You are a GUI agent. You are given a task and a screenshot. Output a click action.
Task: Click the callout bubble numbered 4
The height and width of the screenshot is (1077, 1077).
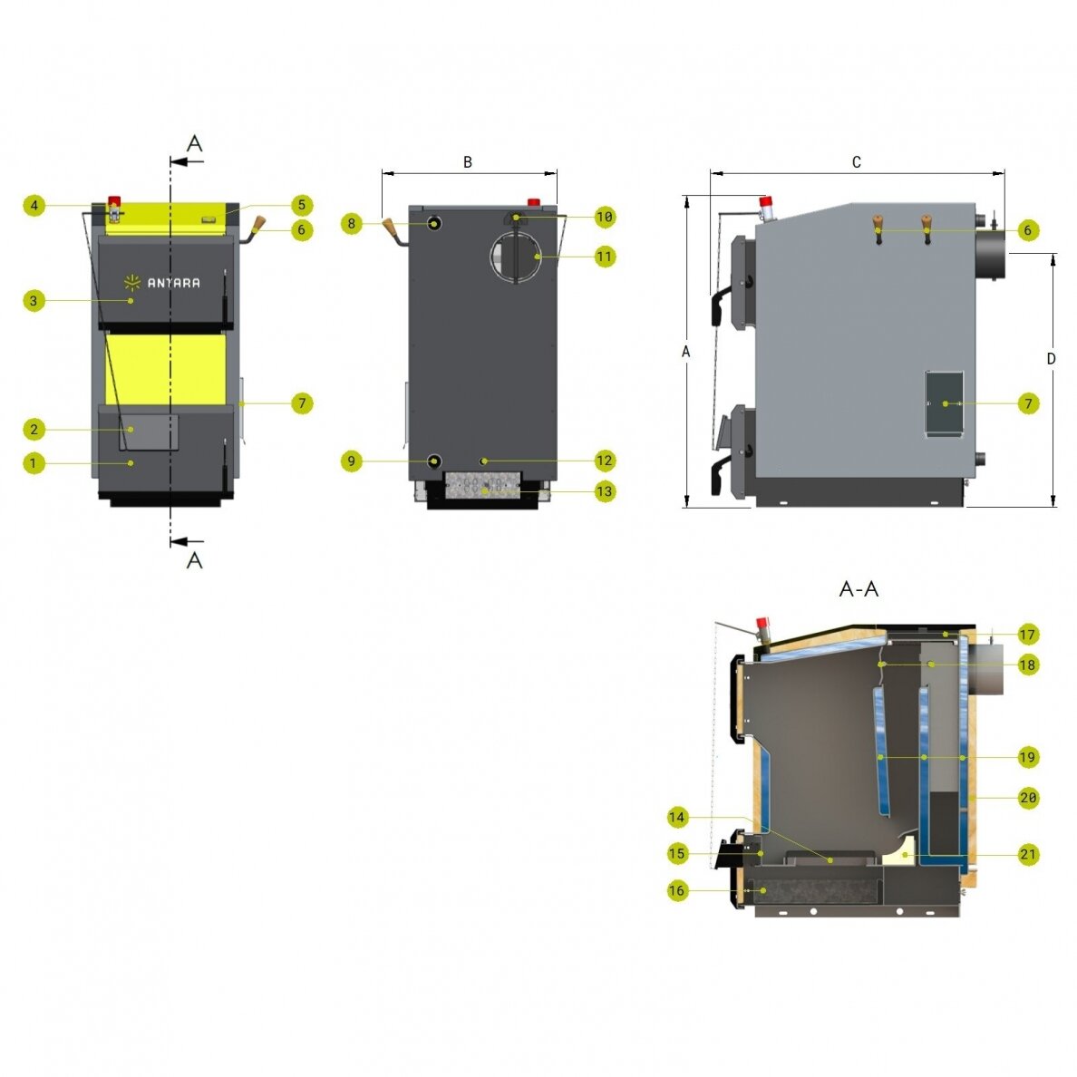(x=34, y=205)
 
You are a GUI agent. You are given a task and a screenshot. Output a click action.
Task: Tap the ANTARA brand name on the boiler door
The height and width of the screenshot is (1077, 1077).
(x=174, y=282)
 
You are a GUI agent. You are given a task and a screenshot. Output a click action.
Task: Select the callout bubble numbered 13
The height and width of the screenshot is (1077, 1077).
(x=605, y=491)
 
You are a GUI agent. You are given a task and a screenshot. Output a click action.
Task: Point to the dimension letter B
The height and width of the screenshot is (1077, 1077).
(x=468, y=162)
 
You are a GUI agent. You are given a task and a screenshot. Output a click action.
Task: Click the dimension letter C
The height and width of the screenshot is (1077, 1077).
(x=857, y=162)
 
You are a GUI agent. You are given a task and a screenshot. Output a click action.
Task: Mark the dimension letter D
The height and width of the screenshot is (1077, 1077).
(x=1051, y=358)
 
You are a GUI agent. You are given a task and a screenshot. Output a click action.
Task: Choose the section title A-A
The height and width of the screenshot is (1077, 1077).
(x=859, y=588)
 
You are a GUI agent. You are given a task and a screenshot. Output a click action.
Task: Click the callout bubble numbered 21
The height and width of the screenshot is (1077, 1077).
(x=1027, y=855)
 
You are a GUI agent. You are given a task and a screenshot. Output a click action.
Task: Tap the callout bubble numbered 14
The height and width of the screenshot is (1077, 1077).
(x=677, y=817)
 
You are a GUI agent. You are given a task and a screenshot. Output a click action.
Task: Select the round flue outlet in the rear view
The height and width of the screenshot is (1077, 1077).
(x=515, y=257)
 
